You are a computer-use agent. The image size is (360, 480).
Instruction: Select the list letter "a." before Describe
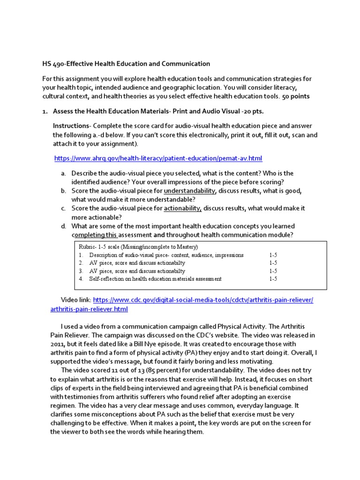tap(63, 173)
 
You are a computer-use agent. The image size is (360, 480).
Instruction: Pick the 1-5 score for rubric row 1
tap(273, 255)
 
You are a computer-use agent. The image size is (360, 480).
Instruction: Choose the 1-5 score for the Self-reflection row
tap(273, 279)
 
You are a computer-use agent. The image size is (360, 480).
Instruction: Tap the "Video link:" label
tap(76, 300)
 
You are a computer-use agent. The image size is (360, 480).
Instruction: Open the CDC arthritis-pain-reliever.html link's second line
tap(89, 309)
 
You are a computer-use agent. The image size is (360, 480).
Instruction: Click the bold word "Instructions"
tap(71, 126)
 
